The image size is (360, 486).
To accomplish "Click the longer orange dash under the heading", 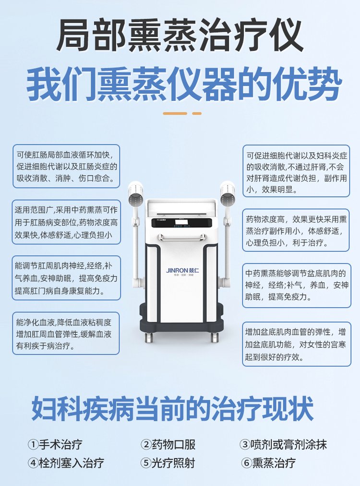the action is [175, 113].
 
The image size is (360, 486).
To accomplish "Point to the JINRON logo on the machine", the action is [183, 270].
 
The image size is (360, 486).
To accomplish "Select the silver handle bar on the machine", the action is [181, 238].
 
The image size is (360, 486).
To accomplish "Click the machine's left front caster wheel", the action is [149, 337].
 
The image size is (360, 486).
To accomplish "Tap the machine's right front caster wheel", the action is [215, 337].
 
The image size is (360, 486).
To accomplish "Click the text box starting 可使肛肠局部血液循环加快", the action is [66, 166].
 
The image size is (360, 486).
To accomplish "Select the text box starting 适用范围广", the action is [66, 222].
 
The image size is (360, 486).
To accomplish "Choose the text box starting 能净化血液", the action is [66, 333].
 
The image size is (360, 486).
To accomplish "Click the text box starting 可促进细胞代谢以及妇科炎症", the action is [296, 171].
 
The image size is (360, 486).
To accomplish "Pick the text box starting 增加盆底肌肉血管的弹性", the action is [297, 344].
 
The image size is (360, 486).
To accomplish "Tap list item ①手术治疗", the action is [55, 445].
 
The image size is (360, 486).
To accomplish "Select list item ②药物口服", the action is [168, 445].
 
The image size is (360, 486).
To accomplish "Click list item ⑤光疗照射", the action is [168, 463].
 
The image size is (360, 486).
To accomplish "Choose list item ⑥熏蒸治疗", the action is [268, 463].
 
